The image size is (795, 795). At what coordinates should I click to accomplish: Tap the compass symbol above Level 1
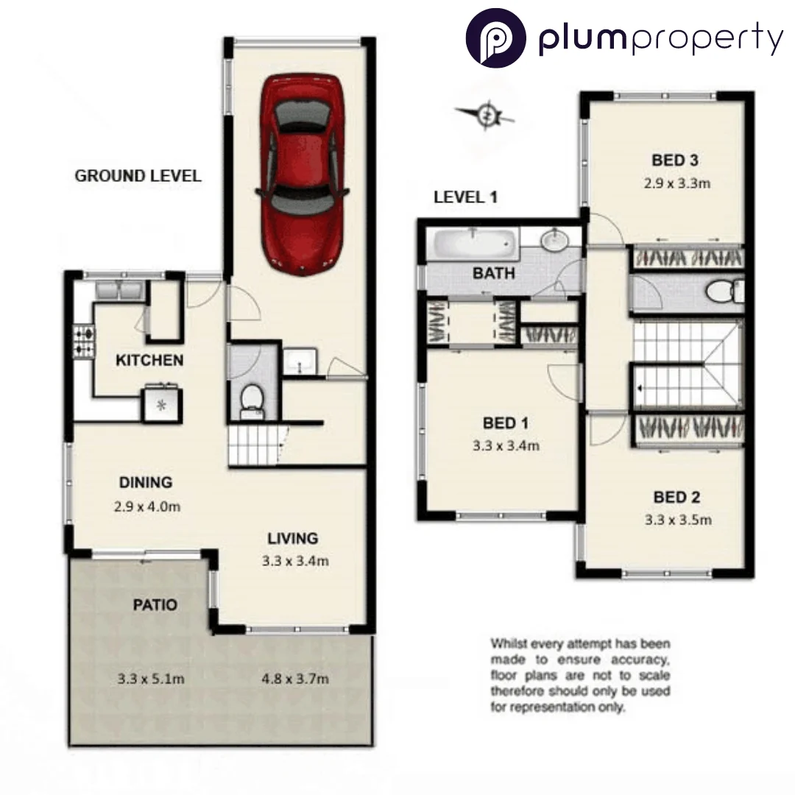pos(485,115)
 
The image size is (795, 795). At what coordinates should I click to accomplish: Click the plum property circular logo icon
pos(495,37)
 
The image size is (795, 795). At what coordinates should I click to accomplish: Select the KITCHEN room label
pos(149,361)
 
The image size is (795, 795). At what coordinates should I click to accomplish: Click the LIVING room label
pos(292,538)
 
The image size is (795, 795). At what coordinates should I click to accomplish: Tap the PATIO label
pos(155,605)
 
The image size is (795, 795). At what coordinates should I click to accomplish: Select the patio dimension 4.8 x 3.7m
pos(294,678)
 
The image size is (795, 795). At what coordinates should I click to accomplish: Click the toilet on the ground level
pos(251,398)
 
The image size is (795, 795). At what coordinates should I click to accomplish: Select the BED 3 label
pos(674,160)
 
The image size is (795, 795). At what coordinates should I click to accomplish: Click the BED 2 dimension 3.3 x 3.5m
pos(678,520)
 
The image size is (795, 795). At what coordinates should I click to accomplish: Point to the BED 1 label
pos(505,423)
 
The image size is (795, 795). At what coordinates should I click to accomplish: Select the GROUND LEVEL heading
pos(138,176)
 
